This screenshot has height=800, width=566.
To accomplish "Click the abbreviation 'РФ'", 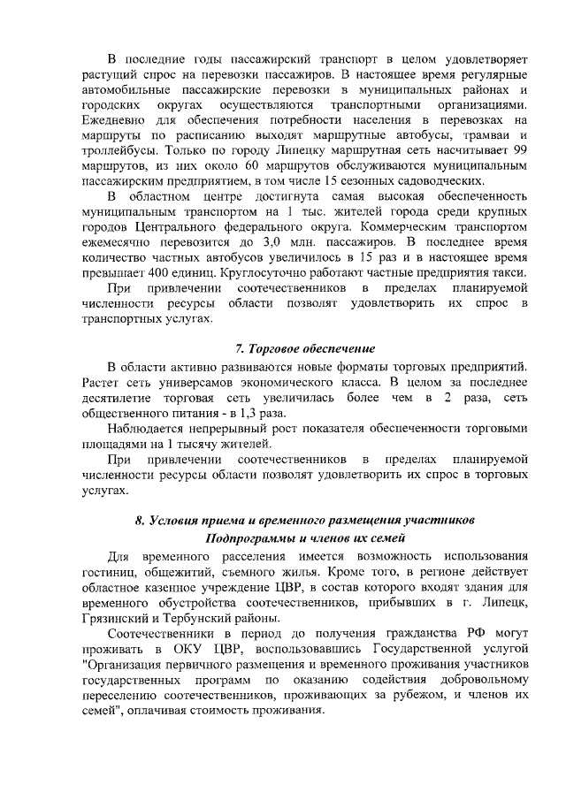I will point(469,633).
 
